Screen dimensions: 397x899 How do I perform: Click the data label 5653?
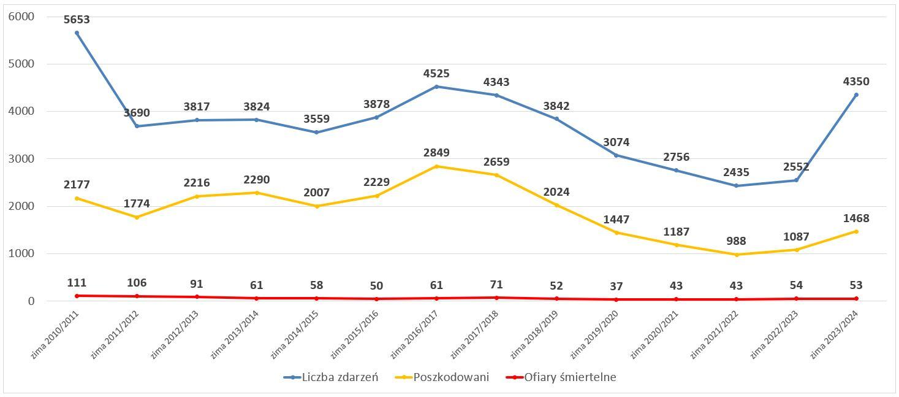click(x=77, y=20)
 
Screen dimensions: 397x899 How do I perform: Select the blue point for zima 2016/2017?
click(x=436, y=87)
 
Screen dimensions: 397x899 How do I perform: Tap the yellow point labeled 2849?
click(x=436, y=166)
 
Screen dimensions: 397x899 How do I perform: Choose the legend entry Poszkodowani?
click(x=451, y=377)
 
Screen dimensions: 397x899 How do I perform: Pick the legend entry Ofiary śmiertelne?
click(x=570, y=377)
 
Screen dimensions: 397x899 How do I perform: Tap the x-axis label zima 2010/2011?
click(x=56, y=334)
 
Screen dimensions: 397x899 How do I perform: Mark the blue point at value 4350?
click(x=856, y=95)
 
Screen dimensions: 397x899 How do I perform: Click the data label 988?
click(x=736, y=241)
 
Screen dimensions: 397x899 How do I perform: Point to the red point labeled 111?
click(x=77, y=296)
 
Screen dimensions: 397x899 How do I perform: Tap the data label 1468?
click(x=856, y=218)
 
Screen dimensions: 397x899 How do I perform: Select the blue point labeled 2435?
click(x=736, y=186)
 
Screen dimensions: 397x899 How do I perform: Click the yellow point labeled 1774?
click(x=137, y=217)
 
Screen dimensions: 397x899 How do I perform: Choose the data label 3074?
click(x=616, y=142)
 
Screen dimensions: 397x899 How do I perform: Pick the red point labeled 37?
click(x=616, y=299)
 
